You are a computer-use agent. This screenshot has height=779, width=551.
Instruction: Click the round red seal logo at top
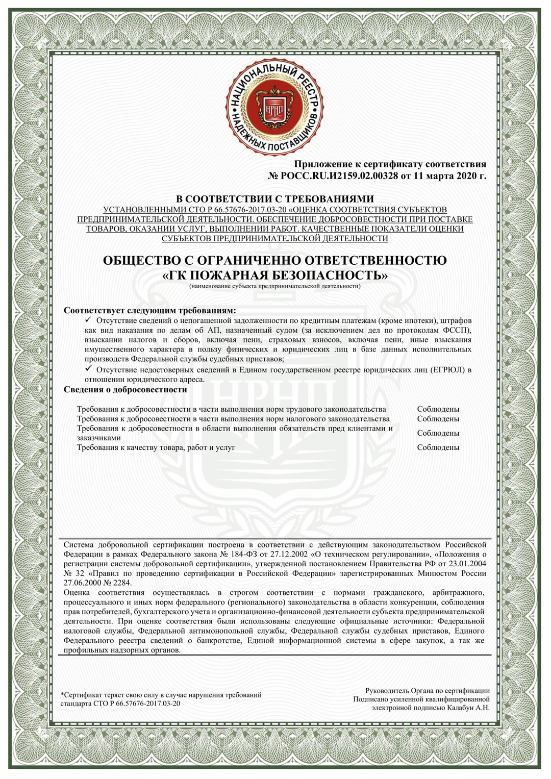tap(275, 109)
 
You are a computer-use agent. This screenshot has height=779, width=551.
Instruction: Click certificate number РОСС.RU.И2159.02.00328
tap(339, 176)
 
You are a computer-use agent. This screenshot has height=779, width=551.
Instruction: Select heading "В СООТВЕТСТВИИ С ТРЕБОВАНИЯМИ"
tap(275, 199)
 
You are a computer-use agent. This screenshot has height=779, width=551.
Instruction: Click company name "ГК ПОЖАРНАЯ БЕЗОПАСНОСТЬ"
tap(275, 275)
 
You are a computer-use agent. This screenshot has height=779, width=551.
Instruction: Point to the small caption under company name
tap(275, 287)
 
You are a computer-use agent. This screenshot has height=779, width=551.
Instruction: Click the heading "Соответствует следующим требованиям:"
tap(150, 310)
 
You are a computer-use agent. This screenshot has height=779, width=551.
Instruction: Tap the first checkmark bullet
tap(88, 320)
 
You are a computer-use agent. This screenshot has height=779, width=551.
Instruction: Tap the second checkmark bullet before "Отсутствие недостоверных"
tap(88, 368)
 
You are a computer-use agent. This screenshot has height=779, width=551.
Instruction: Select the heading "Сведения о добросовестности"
tap(126, 390)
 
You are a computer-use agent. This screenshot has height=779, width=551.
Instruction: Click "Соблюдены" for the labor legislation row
tap(438, 409)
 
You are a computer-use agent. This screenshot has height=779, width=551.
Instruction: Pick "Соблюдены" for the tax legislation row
tap(438, 419)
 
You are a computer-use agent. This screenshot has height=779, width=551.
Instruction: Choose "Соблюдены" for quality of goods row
tap(438, 447)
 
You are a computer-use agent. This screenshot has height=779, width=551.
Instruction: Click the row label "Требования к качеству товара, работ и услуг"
tap(156, 447)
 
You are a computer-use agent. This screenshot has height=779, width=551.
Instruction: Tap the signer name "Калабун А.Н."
tap(468, 708)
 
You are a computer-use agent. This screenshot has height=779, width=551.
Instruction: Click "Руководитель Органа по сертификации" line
tap(427, 691)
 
